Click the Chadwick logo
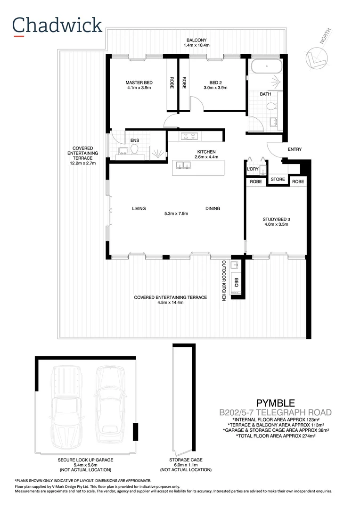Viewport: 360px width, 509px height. point(57,26)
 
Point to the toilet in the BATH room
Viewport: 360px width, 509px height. point(271,107)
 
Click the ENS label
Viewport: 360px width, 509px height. point(134,140)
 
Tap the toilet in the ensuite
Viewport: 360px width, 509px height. point(134,150)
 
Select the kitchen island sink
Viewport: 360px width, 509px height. point(183,165)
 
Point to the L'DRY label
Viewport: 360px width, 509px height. point(253,169)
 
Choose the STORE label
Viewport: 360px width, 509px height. point(278,179)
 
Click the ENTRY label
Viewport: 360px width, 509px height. point(295,149)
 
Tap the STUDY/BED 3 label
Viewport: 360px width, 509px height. point(276,219)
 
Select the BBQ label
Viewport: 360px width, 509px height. point(237,283)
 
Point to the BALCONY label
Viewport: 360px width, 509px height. point(196,40)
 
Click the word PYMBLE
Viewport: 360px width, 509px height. point(275,403)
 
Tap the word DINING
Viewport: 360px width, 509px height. point(213,208)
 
